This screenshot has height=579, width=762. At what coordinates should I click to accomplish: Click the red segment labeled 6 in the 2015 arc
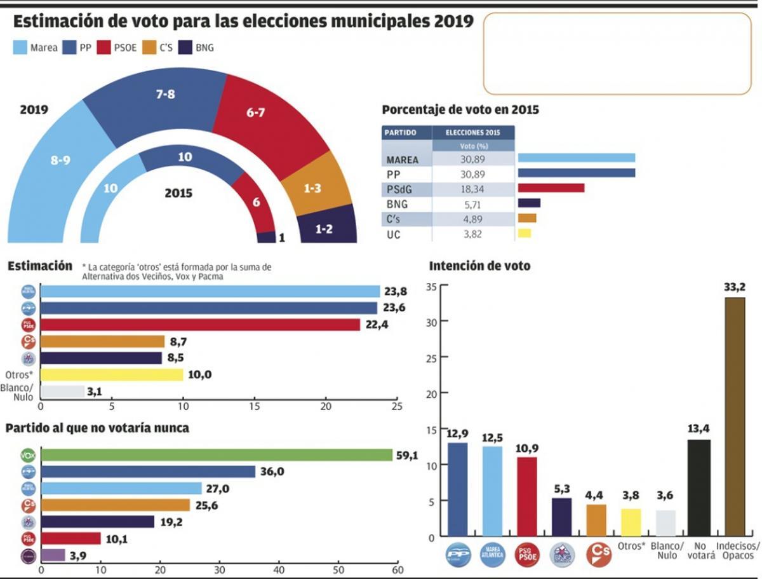click(257, 202)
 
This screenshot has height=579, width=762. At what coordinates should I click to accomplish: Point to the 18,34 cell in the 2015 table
click(473, 189)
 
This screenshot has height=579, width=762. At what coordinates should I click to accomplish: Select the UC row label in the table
click(393, 234)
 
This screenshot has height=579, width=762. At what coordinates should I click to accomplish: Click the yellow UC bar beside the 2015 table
click(525, 233)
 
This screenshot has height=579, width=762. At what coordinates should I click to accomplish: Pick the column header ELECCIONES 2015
click(473, 133)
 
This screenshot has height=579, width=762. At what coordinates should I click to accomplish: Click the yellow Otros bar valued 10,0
click(112, 374)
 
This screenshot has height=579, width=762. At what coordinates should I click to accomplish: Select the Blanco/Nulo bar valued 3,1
click(62, 391)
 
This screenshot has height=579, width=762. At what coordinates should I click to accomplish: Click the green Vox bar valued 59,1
click(217, 455)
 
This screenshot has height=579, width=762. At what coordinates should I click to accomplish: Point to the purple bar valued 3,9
click(53, 555)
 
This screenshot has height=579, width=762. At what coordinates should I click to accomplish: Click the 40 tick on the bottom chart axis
click(279, 569)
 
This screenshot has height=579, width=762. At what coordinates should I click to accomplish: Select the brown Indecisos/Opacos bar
click(735, 417)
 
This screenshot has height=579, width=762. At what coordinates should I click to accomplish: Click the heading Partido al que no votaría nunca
click(97, 428)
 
